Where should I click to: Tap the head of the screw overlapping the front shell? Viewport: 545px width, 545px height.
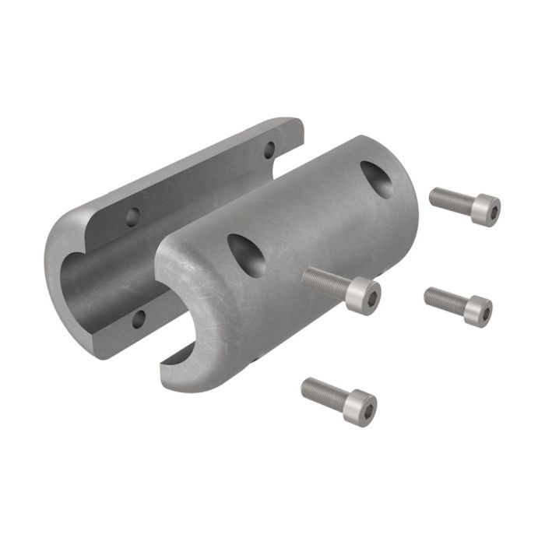click(x=364, y=295)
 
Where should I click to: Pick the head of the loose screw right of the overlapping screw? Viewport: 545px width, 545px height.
click(x=477, y=311)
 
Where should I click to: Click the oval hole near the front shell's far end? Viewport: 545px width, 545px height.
click(x=376, y=178)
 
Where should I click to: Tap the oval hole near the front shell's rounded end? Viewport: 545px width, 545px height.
click(x=246, y=255)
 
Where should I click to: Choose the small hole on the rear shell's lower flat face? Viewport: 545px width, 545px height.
click(x=139, y=317)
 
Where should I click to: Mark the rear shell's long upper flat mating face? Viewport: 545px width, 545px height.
click(x=195, y=175)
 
